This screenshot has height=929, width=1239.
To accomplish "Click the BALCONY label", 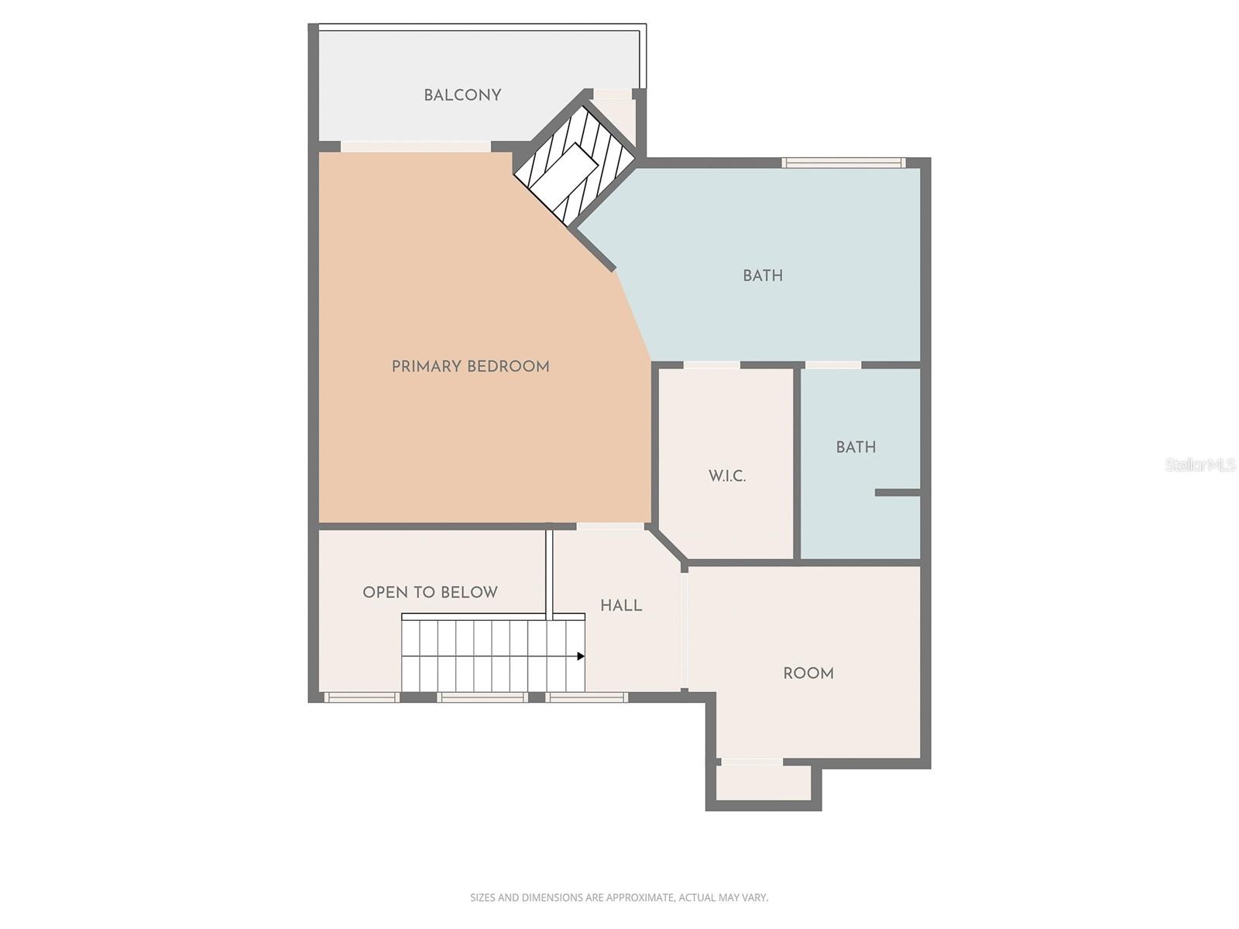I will click(462, 95).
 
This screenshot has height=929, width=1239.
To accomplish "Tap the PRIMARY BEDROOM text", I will click(470, 367).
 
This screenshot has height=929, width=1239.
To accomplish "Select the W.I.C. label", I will click(727, 476).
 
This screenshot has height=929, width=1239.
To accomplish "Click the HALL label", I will click(621, 605).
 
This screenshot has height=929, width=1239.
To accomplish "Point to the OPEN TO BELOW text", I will click(430, 592).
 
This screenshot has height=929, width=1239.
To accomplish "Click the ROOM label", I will click(808, 674).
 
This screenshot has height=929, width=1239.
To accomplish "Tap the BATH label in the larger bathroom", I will click(763, 276).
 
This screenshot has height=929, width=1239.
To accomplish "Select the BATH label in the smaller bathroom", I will click(856, 447).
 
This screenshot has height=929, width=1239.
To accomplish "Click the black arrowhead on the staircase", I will click(581, 656).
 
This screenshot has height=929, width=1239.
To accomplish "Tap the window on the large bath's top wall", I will click(843, 163).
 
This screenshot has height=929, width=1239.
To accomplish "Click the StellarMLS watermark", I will click(1200, 464).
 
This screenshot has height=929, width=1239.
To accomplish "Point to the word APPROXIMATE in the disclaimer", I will click(640, 898).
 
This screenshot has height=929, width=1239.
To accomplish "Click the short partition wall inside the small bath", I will click(898, 492).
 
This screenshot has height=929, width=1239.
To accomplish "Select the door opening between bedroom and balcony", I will click(416, 146).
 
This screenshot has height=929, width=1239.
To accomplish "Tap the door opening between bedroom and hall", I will click(610, 526).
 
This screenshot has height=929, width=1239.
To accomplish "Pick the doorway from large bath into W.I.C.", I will click(712, 365).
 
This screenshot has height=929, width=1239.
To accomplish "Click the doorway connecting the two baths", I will click(833, 365).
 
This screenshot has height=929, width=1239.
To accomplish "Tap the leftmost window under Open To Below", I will click(361, 698).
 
